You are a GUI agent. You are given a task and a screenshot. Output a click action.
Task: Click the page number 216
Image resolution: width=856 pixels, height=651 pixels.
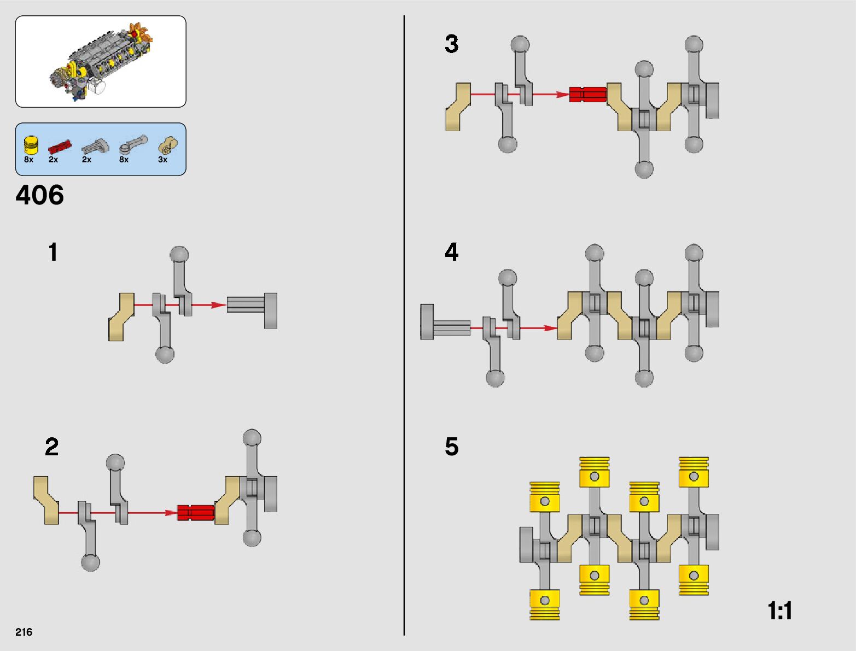point(24,632)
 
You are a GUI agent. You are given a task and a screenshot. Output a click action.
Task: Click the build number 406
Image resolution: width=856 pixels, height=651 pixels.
point(40,195)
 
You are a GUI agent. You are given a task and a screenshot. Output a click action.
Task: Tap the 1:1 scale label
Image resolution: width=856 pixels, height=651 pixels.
point(779,611)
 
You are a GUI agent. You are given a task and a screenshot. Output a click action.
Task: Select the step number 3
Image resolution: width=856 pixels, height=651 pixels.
point(451,44)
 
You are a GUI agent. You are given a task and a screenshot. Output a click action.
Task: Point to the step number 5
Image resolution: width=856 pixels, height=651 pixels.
point(451,447)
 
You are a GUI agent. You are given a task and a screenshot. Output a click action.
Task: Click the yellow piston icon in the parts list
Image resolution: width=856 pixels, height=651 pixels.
point(31,145)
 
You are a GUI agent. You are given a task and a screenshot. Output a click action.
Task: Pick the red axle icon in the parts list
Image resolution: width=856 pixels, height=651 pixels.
point(60,146)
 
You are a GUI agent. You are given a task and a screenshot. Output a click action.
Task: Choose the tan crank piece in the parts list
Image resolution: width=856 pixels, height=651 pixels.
point(167,145)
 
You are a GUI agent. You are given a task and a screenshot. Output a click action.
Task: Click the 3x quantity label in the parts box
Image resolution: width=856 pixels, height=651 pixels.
point(162,160)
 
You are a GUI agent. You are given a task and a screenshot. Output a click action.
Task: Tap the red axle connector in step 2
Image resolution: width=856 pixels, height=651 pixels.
point(195,513)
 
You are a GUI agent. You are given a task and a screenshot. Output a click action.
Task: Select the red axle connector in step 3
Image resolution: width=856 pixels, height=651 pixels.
point(587,95)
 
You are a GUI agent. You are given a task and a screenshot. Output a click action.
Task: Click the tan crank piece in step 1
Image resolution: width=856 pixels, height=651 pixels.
point(121,317)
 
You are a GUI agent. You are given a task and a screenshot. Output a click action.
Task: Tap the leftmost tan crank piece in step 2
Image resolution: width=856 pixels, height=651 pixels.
point(46,500)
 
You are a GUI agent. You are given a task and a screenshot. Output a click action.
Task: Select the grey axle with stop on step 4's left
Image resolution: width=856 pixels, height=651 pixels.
point(444,322)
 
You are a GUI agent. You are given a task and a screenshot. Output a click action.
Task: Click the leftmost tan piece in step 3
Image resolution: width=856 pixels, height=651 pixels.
point(458,107)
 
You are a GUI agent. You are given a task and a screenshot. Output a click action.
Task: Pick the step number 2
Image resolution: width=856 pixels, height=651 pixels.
point(52,447)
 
